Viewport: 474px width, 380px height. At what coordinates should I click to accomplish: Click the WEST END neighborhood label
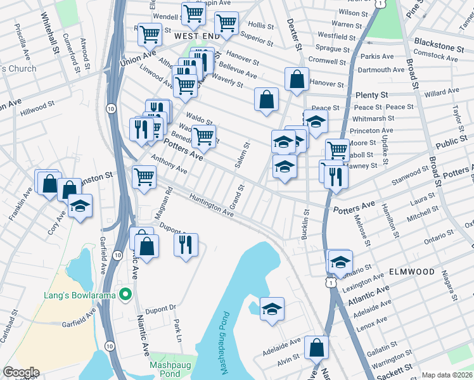coord(197,37)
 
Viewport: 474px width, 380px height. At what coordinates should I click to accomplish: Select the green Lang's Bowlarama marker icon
coord(126,294)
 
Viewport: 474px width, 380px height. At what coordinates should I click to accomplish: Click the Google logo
coord(21,372)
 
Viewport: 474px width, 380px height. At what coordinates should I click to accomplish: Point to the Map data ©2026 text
coord(447,375)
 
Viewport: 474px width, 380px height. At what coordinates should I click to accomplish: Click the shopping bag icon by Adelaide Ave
coord(316,347)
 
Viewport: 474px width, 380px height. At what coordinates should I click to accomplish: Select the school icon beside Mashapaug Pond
coord(272,309)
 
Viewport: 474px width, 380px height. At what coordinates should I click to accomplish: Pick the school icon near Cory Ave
coord(80,206)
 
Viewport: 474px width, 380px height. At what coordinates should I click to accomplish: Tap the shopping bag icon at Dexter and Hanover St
coord(297,79)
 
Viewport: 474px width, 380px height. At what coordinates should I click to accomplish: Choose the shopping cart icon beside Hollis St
coord(226,23)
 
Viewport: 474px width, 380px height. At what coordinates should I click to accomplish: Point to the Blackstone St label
coord(443,47)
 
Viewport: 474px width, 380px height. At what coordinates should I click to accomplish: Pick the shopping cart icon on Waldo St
coord(203,136)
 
